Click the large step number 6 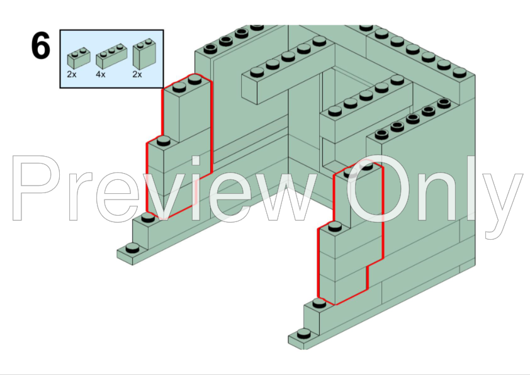pos(40,45)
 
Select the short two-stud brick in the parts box pos(79,59)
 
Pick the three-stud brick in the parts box pos(111,56)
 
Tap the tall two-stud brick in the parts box pos(144,54)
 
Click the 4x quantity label pos(100,74)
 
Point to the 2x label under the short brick pos(72,74)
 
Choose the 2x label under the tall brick pos(137,74)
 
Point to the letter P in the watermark pos(35,188)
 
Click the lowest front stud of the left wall pos(132,249)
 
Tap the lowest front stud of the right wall pos(304,333)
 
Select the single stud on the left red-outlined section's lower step pos(164,140)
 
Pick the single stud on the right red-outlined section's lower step pos(335,226)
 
